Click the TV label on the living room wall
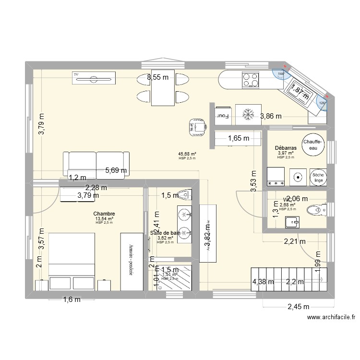click(x=76, y=74)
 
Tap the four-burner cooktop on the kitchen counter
click(x=251, y=79)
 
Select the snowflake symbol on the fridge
click(x=248, y=115)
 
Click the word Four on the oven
click(x=223, y=115)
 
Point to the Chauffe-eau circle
click(x=313, y=144)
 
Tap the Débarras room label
click(x=285, y=148)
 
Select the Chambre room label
click(x=104, y=214)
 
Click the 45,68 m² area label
click(x=187, y=154)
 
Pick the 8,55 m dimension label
click(x=158, y=77)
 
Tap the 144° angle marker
click(x=281, y=73)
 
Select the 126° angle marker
click(x=323, y=102)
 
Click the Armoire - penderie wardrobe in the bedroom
click(x=131, y=262)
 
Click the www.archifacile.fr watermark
click(x=332, y=317)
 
